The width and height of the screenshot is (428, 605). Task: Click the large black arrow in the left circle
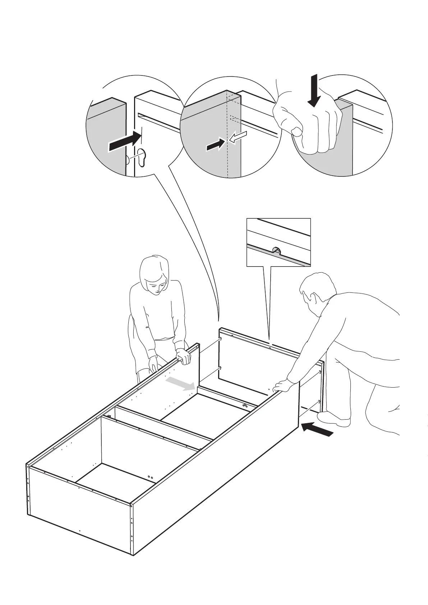point(124,142)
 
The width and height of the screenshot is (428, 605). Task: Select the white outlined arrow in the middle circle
point(238,137)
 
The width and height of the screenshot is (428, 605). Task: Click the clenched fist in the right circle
point(309,124)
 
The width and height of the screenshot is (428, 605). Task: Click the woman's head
point(155,275)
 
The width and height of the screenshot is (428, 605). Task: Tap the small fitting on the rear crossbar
point(245,406)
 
